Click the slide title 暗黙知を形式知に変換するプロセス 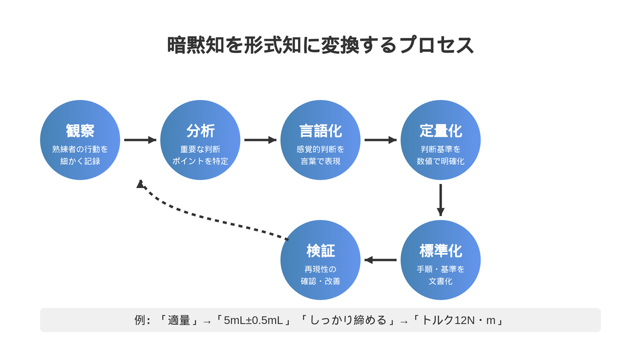tap(320, 45)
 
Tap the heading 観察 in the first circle tap(80, 131)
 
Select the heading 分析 tap(200, 131)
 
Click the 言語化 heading tap(320, 131)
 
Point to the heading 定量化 tap(441, 131)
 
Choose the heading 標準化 tap(441, 251)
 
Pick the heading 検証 tap(320, 251)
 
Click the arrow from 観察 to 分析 tap(140, 140)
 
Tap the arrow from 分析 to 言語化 tap(260, 140)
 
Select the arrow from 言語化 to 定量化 tap(381, 140)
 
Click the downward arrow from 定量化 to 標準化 tap(441, 200)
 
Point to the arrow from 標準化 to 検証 tap(381, 260)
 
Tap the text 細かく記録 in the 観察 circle tap(80, 161)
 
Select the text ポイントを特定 tap(200, 161)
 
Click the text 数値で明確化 tap(441, 161)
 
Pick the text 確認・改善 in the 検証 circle tap(320, 281)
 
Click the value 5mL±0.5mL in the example tap(253, 320)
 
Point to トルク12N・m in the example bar tap(459, 320)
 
